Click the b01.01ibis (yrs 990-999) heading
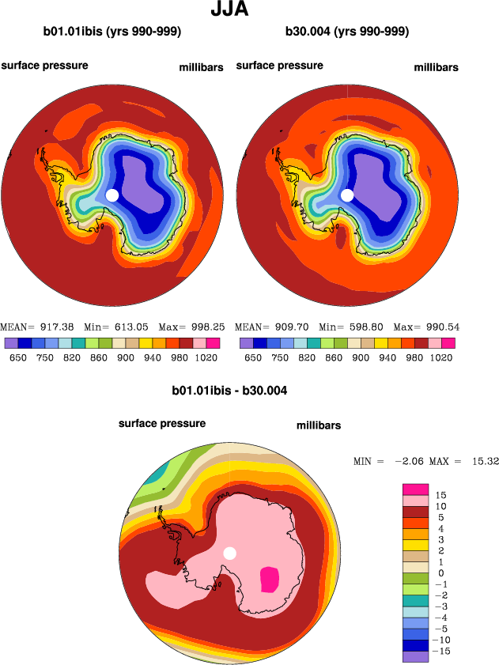tap(112, 32)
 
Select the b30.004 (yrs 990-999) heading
tap(347, 32)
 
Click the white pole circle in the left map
tap(112, 195)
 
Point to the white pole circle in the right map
tap(347, 195)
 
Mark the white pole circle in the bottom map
tap(230, 553)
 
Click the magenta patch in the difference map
tap(269, 580)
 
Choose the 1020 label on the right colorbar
tap(442, 357)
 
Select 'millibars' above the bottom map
tap(319, 425)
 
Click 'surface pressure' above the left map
tap(44, 66)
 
